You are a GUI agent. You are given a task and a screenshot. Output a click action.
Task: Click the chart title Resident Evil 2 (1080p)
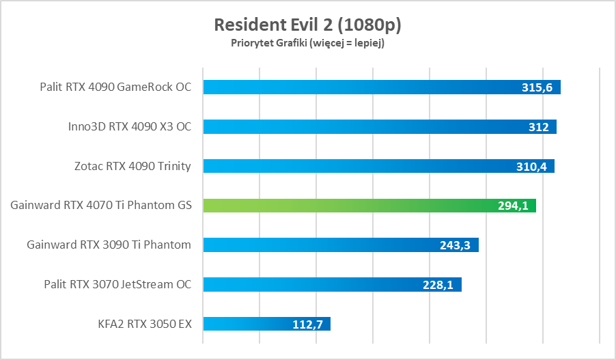(307, 25)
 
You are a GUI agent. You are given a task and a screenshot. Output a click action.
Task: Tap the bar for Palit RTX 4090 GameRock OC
(355, 87)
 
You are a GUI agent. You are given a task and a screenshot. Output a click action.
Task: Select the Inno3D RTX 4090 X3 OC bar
(355, 126)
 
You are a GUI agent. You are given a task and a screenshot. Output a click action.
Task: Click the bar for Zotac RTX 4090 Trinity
(355, 166)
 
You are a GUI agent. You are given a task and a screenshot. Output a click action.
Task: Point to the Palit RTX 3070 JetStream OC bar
(307, 284)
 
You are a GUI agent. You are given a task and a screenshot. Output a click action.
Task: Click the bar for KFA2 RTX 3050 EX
(246, 324)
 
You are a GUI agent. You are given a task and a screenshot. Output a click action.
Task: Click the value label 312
(539, 127)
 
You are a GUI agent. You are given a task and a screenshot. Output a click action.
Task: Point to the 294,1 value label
(514, 206)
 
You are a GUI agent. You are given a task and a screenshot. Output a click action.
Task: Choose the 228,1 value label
(439, 285)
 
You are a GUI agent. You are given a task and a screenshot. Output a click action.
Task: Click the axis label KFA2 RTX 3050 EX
(145, 324)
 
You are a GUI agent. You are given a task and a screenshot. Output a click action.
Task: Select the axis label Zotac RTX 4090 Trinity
(132, 166)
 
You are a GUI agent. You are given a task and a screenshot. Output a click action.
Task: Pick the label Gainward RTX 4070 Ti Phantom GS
(101, 206)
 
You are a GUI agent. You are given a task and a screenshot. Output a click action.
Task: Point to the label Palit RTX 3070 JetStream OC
(117, 284)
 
